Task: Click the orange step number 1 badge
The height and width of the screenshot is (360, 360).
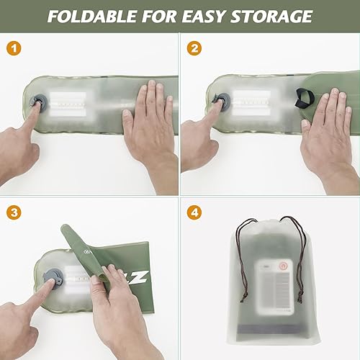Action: [x=12, y=48]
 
